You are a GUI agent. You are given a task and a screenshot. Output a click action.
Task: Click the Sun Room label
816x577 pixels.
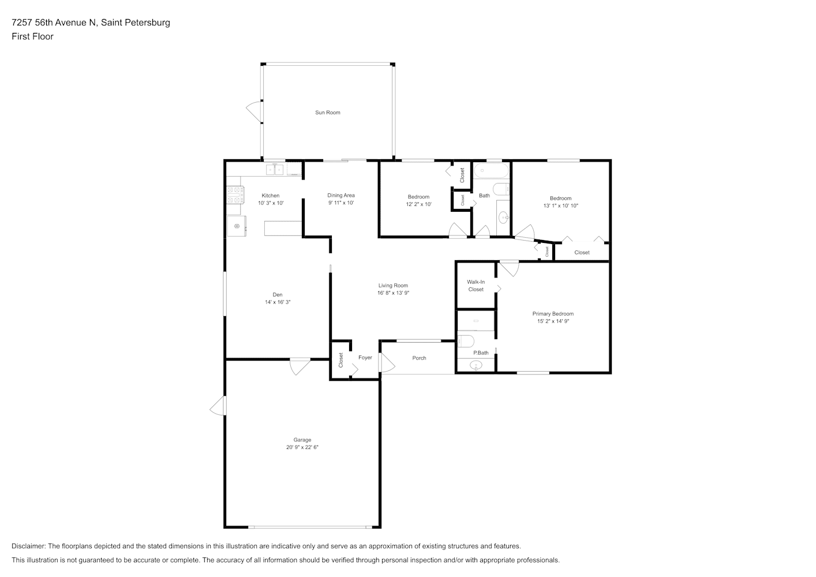pyautogui.click(x=327, y=113)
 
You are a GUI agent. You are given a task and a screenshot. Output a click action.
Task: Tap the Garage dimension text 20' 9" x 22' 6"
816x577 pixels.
pyautogui.click(x=302, y=447)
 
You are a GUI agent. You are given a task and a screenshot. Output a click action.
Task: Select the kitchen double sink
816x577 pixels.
pyautogui.click(x=274, y=170)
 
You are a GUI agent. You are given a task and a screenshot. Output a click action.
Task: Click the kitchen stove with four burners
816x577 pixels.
pyautogui.click(x=235, y=195)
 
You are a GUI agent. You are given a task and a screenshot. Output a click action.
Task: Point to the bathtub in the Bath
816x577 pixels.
pyautogui.click(x=491, y=170)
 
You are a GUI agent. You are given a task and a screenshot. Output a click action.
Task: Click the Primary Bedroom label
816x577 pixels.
pyautogui.click(x=553, y=314)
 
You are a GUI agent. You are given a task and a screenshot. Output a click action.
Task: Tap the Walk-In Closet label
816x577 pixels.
pyautogui.click(x=476, y=286)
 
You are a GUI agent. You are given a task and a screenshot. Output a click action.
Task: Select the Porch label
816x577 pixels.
pyautogui.click(x=419, y=358)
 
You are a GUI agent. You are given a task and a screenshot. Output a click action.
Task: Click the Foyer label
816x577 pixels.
pyautogui.click(x=365, y=358)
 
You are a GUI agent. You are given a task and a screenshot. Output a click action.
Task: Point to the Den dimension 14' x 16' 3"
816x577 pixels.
pyautogui.click(x=278, y=302)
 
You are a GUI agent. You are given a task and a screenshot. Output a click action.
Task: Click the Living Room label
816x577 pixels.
pyautogui.click(x=393, y=286)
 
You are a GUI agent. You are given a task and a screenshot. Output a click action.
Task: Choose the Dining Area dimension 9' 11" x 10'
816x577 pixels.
pyautogui.click(x=341, y=203)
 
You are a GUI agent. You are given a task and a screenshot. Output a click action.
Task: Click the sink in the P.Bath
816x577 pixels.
pyautogui.click(x=476, y=365)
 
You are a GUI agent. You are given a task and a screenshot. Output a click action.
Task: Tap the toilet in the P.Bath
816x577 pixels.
pyautogui.click(x=466, y=342)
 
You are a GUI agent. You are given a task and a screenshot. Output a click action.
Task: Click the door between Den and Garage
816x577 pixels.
pyautogui.click(x=300, y=366)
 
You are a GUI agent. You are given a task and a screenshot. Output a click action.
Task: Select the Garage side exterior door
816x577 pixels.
pyautogui.click(x=218, y=406)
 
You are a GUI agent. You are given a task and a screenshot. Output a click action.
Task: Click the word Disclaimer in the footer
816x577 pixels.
pyautogui.click(x=29, y=546)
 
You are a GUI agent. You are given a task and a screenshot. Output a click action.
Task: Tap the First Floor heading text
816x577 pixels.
pyautogui.click(x=32, y=36)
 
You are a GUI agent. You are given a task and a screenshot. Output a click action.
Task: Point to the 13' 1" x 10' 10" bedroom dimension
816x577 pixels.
pyautogui.click(x=560, y=206)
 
